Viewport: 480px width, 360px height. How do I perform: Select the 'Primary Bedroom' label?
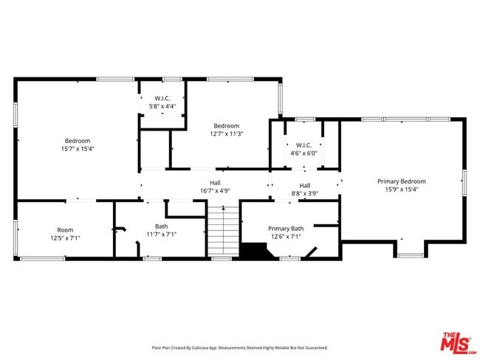pos(401,181)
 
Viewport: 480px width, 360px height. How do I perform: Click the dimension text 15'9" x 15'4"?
pos(401,190)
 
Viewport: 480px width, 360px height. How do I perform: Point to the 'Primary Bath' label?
pos(286,229)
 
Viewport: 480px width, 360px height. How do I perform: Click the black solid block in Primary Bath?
pos(256,252)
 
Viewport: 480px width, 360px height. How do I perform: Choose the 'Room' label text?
pos(65,230)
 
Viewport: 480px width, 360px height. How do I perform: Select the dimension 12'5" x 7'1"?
pos(65,238)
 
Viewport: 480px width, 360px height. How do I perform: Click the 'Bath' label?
pos(161,226)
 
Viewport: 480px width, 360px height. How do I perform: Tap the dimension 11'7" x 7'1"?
pos(161,235)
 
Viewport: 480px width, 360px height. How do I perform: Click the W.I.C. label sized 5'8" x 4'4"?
pos(162,98)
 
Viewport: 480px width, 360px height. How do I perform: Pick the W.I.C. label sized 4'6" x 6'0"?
pos(304,145)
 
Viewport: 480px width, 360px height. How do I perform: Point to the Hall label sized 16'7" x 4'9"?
pos(214,183)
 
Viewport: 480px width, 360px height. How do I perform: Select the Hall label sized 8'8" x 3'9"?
pos(304,185)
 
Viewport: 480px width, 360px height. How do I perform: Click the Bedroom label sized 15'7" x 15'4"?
pos(77,141)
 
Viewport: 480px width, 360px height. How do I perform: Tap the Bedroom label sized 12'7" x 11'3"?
pos(227,126)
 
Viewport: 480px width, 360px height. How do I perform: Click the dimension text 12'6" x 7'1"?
pos(286,237)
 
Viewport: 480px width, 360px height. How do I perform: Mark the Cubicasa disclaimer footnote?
pos(239,347)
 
